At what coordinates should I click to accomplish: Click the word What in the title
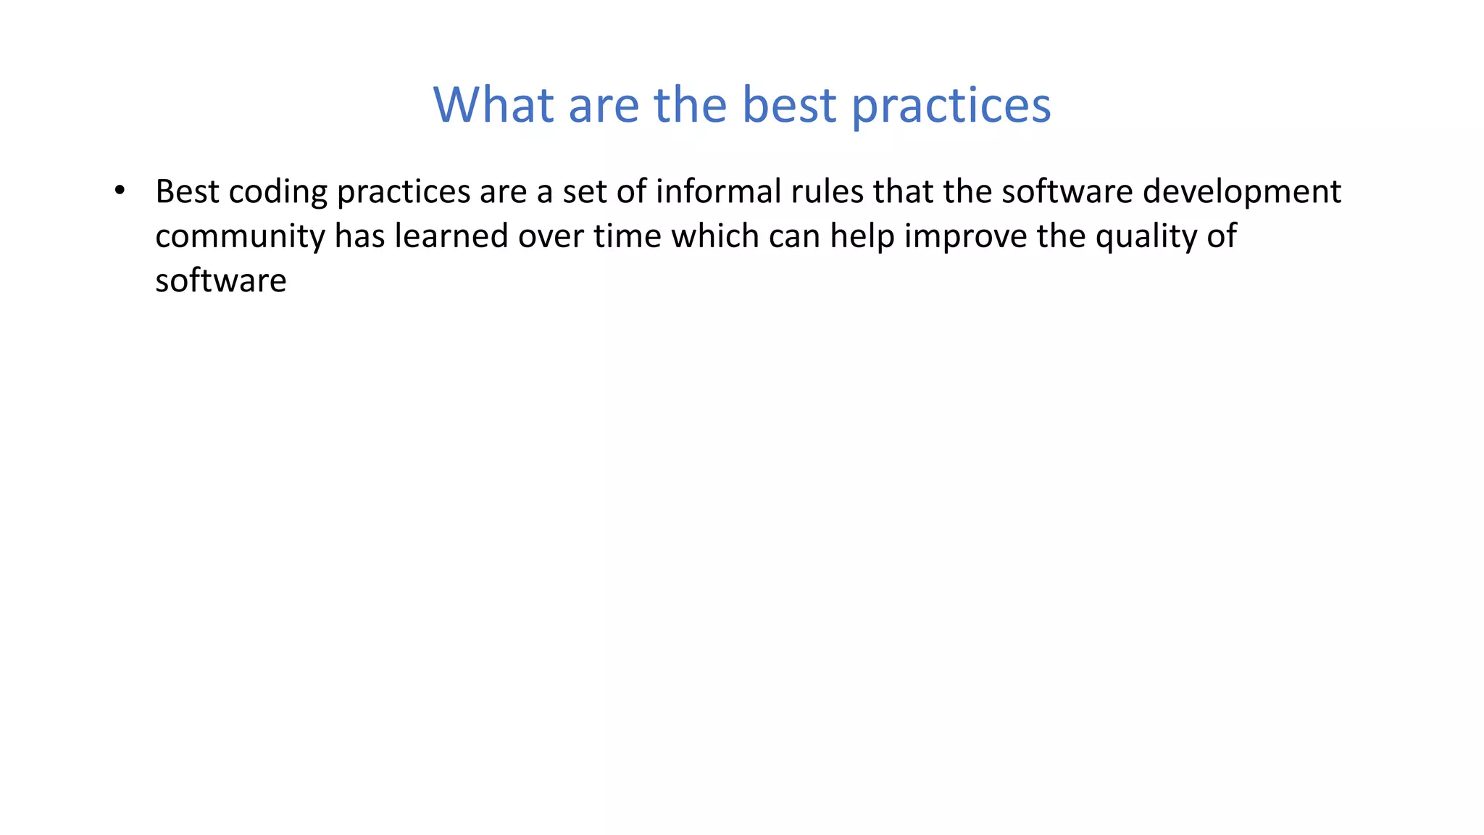click(x=493, y=105)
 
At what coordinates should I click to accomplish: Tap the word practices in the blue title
click(x=951, y=105)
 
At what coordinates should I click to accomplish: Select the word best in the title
click(x=789, y=105)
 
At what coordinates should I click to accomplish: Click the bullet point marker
click(x=120, y=191)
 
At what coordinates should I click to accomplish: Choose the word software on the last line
click(x=221, y=281)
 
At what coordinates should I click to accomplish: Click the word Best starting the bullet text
click(x=187, y=192)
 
